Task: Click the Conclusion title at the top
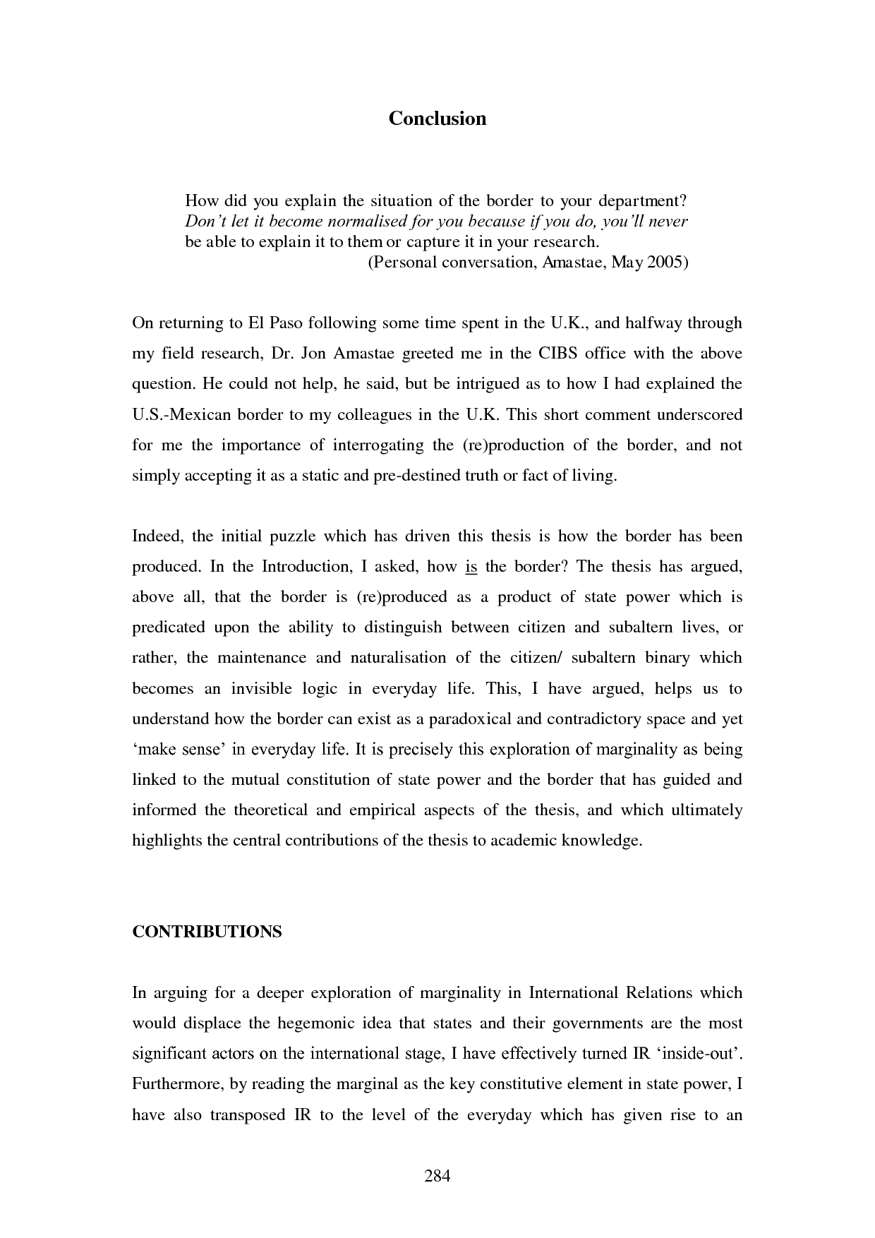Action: (437, 118)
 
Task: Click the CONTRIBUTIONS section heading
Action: (207, 932)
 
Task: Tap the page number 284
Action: (437, 1176)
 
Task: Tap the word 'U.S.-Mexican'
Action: (181, 414)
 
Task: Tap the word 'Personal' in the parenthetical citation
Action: (399, 263)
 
